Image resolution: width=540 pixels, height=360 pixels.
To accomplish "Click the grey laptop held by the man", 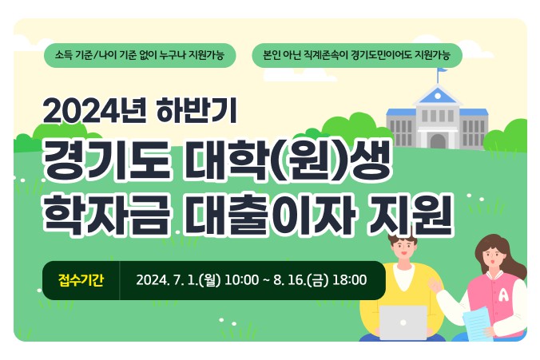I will (x=403, y=322).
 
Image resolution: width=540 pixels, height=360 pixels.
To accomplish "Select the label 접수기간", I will (x=81, y=279).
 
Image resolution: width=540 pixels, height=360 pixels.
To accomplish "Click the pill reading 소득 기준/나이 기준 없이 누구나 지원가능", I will (x=140, y=55).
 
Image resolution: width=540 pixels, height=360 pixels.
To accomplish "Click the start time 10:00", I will (x=242, y=280).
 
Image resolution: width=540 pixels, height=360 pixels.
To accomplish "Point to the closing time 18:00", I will (x=350, y=280).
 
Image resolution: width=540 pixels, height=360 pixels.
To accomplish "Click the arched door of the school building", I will (x=437, y=141).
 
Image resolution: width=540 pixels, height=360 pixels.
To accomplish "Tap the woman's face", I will (x=493, y=257).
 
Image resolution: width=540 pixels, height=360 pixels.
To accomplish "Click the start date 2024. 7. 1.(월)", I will (x=178, y=280).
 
